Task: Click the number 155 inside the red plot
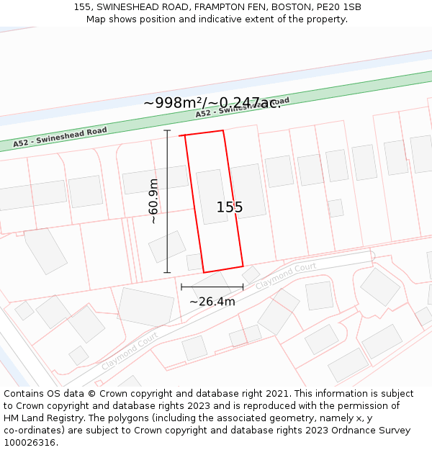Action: click(230, 207)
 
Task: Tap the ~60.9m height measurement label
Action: click(153, 201)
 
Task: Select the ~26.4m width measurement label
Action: click(212, 302)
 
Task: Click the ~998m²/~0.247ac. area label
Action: click(212, 103)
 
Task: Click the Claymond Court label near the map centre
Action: click(286, 276)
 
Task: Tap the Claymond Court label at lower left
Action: click(130, 351)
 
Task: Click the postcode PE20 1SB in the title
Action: click(339, 7)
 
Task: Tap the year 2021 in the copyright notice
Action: click(276, 394)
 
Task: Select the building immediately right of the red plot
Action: click(248, 191)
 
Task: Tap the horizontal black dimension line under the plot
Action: click(212, 287)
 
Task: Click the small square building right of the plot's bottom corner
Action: click(251, 274)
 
